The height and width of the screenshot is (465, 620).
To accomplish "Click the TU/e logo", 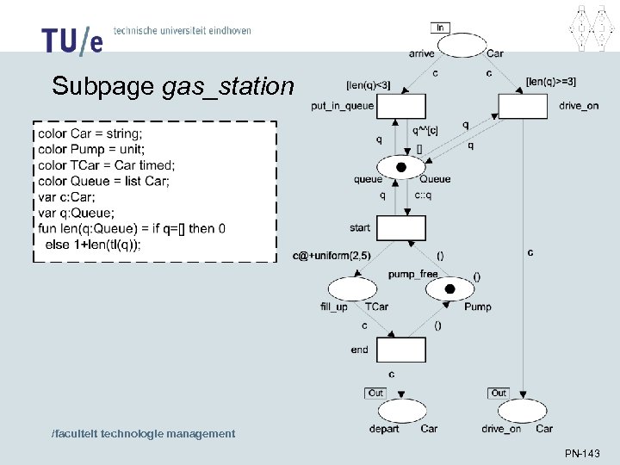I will point(71,40).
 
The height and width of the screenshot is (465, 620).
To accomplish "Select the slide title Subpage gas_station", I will point(172,86).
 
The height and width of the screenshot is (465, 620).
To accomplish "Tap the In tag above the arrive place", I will point(441,28).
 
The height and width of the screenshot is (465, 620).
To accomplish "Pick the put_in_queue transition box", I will point(401,107).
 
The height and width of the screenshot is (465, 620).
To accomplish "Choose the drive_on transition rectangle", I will point(523,107).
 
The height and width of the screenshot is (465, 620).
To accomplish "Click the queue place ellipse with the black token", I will point(401,167).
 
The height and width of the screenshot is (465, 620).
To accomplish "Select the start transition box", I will point(401,228).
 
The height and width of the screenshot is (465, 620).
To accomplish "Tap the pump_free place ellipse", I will point(449,289).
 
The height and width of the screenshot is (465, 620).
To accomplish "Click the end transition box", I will point(401,350).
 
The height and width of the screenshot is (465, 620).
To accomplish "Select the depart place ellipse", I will point(401,411).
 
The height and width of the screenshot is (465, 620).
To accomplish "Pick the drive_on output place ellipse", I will point(523,411).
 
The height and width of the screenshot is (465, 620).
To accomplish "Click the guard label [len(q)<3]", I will point(368,84).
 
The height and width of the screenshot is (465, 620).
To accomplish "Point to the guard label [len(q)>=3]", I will point(550,82).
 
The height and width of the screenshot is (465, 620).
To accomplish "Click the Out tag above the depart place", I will point(375,393).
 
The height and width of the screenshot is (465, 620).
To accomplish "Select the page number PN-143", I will point(582,453).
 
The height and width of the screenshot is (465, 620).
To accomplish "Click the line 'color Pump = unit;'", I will point(91,150).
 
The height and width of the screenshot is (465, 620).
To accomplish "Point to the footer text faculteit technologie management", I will point(143,433).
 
